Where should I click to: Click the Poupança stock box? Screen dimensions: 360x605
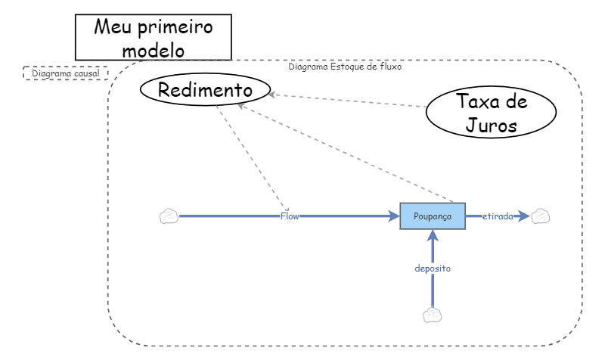point(433,216)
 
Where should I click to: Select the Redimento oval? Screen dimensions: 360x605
point(205,90)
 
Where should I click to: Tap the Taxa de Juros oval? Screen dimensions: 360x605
point(491,112)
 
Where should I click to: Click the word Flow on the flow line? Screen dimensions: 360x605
point(290,216)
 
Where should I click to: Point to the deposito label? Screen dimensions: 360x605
point(433,268)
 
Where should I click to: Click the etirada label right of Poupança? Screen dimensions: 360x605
point(498,216)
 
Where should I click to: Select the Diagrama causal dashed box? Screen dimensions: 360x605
point(66,73)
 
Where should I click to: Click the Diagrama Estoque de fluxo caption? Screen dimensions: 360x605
point(345,67)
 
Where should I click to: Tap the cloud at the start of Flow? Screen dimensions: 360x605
point(169,216)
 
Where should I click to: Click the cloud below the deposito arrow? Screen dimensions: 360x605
point(433,315)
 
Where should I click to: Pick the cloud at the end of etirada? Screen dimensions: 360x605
point(540,216)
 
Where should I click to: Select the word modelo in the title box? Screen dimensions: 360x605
point(153,50)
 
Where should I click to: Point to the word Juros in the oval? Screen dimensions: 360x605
point(491,125)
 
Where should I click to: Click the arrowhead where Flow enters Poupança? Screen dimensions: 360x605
point(393,216)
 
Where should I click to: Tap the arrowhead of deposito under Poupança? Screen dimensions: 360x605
point(433,236)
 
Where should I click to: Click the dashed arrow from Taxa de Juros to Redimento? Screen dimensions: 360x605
point(348,101)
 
